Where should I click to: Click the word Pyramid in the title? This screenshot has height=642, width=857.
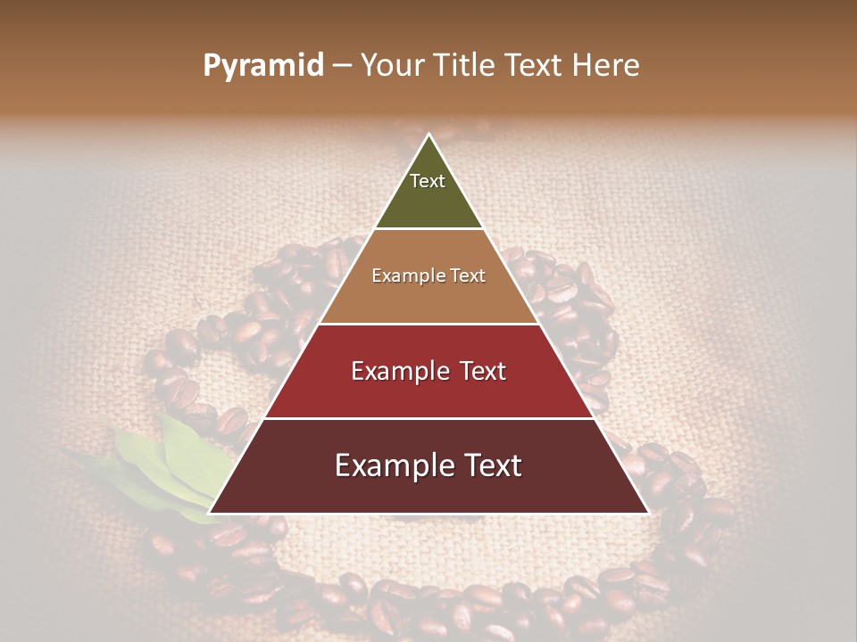coord(262,66)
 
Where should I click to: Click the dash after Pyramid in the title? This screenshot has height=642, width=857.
coord(341,66)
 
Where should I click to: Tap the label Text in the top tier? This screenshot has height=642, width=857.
coord(428,181)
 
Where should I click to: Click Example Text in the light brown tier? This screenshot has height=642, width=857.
coord(428,276)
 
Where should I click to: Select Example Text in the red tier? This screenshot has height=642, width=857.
coord(428,371)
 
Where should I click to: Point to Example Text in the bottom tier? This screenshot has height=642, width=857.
coord(428,465)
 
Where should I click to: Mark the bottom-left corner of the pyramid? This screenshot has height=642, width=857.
coord(210,513)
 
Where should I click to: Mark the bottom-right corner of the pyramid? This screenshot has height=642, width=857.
coord(648,513)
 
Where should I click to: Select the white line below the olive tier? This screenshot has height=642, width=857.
coord(428,229)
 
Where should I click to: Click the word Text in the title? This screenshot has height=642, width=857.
coord(534,66)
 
